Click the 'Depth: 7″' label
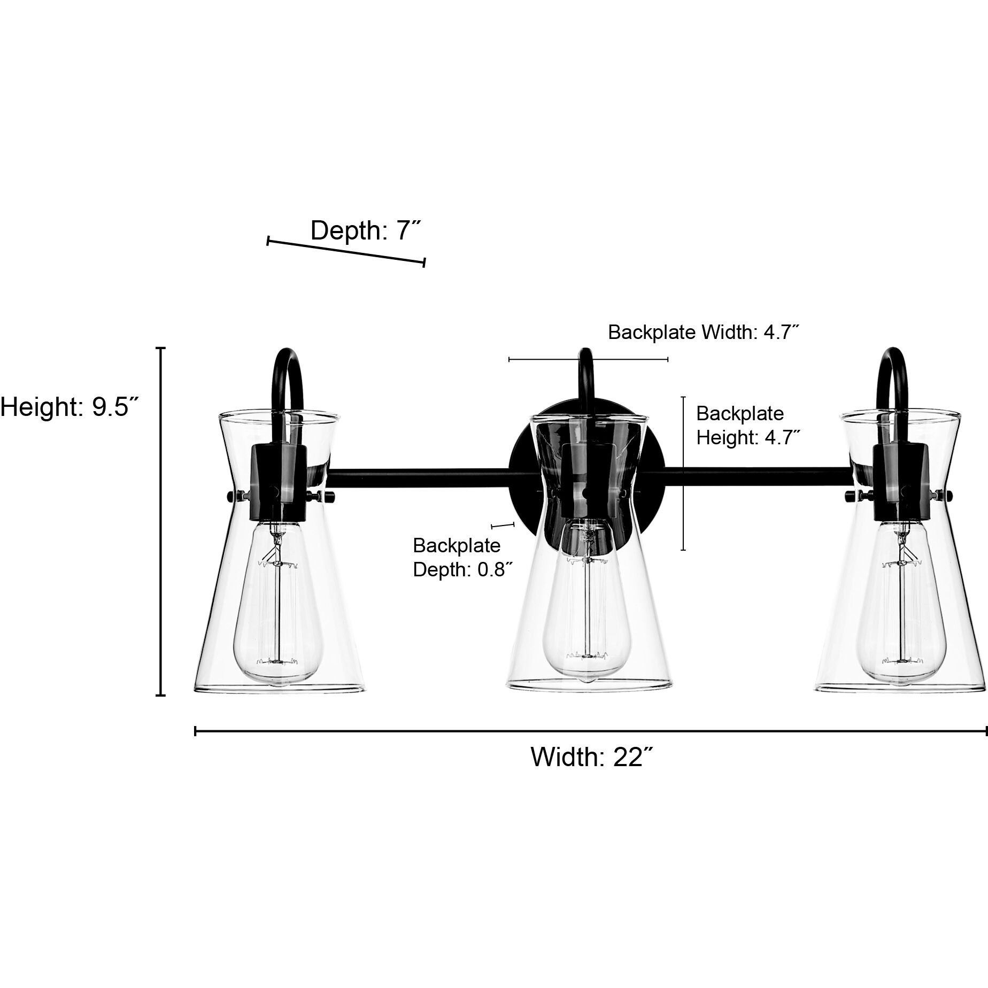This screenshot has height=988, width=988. (366, 230)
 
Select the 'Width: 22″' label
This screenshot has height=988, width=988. (592, 757)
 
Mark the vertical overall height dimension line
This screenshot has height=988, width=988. (160, 521)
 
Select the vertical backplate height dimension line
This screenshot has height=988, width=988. (683, 473)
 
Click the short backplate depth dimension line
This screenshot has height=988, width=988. (502, 526)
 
